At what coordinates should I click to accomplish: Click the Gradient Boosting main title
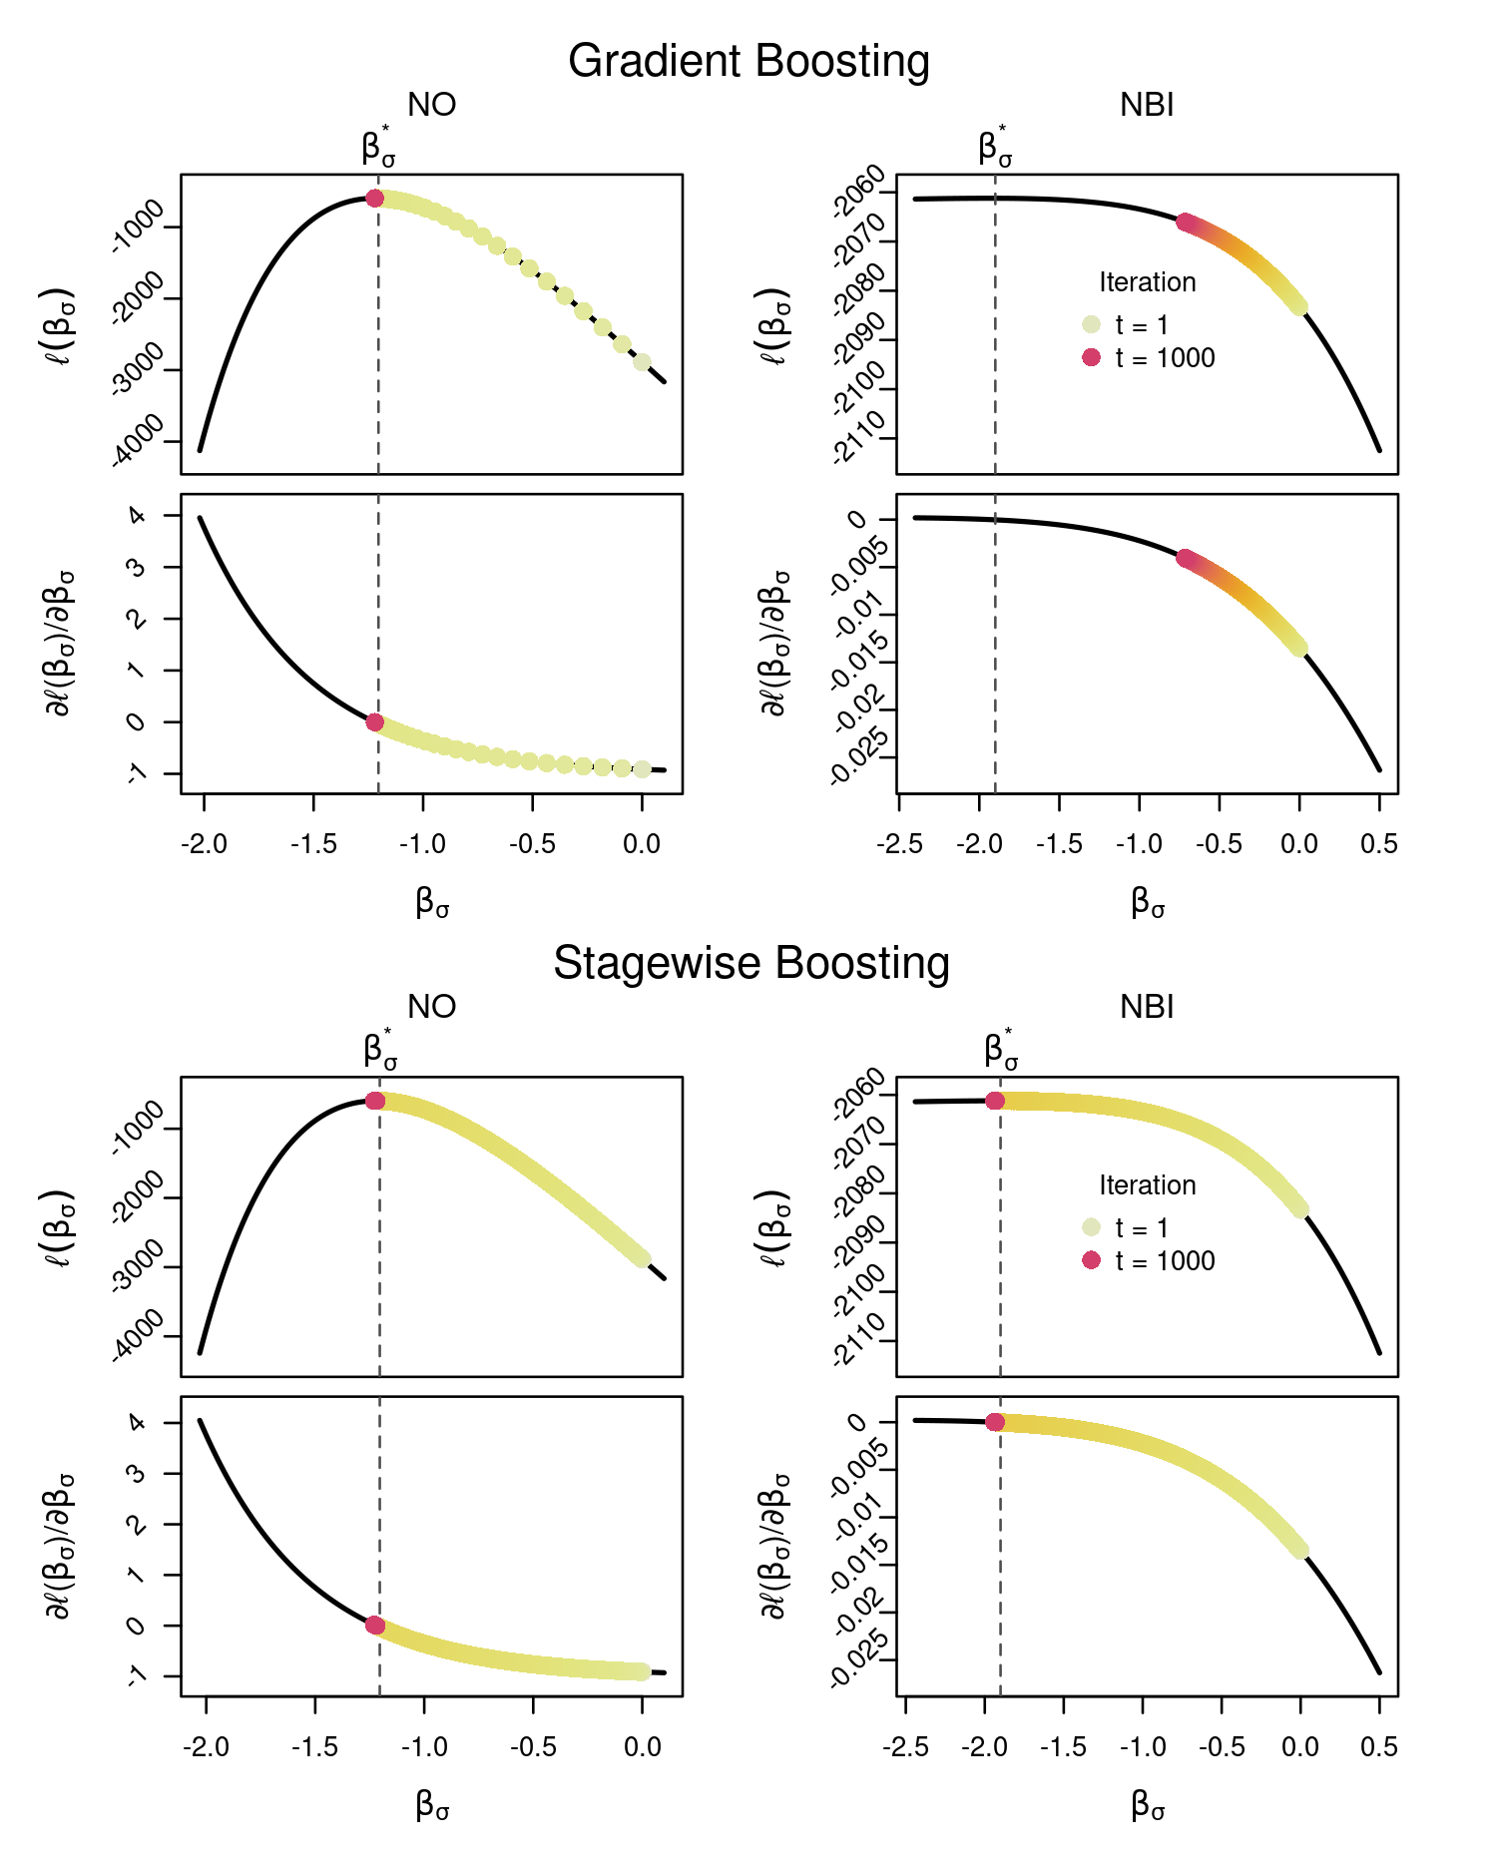pos(748,61)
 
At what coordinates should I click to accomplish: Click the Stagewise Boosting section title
pos(750,963)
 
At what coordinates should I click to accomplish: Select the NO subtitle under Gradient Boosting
pos(431,105)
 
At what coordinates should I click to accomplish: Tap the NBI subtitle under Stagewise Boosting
pos(1147,1007)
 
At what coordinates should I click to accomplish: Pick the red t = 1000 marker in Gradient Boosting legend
pos(1091,357)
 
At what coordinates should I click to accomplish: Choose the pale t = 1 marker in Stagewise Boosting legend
pos(1091,1227)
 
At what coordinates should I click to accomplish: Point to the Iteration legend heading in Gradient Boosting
pos(1147,282)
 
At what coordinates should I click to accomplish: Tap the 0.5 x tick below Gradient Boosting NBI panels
pos(1378,844)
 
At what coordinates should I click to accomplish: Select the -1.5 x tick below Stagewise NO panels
pos(315,1746)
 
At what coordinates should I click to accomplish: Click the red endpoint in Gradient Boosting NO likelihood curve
pos(374,199)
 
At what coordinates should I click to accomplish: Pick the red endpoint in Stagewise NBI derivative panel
pos(995,1422)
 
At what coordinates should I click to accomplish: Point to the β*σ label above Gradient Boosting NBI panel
pos(995,148)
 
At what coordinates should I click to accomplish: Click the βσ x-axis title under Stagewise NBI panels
pos(1148,1805)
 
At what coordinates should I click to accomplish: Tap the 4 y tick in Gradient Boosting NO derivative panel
pos(139,516)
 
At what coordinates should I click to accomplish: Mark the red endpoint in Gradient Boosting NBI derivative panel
pos(1184,558)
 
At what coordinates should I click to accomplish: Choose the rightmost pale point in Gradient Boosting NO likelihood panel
pos(642,362)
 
